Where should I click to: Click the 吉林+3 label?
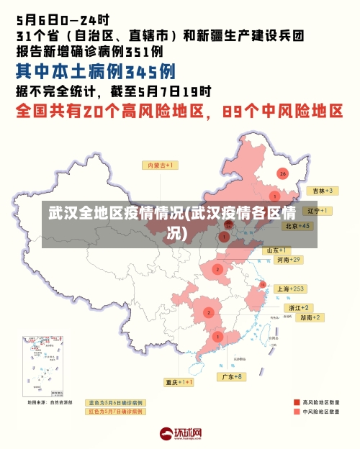click(x=320, y=191)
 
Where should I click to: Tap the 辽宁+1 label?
click(x=317, y=211)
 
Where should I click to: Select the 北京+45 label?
click(x=297, y=226)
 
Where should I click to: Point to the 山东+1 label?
click(x=279, y=250)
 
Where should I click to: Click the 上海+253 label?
click(x=291, y=289)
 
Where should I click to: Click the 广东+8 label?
click(x=233, y=376)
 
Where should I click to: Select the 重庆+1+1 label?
click(x=179, y=382)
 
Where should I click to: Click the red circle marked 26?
click(x=282, y=173)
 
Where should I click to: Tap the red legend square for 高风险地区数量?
click(x=297, y=402)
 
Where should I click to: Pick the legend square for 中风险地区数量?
click(x=297, y=412)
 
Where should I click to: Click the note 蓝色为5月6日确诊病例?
click(x=115, y=402)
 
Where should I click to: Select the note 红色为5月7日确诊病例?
click(x=115, y=412)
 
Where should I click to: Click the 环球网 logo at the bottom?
click(x=180, y=434)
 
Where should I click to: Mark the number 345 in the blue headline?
click(x=150, y=71)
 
